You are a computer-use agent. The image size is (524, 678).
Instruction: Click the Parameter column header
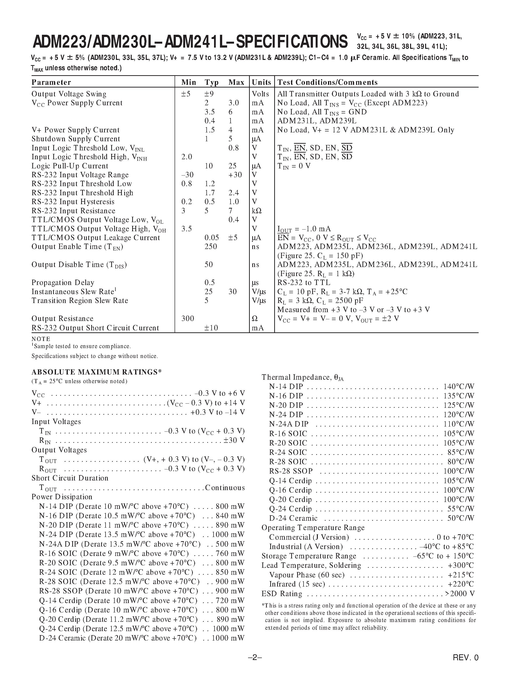pos(51,82)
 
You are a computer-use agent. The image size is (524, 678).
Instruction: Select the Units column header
pos(261,82)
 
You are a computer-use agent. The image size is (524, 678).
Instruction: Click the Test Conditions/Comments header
pos(327,82)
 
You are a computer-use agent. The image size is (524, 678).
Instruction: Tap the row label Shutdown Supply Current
pos(75,139)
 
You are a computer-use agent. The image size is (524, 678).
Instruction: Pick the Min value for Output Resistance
pos(187,319)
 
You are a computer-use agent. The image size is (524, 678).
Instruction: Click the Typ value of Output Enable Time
pos(211,247)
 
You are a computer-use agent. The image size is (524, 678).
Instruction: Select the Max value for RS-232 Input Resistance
pos(231,211)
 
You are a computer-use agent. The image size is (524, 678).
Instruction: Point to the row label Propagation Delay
pos(63,283)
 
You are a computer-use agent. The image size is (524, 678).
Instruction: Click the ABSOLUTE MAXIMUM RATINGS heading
pos(96,372)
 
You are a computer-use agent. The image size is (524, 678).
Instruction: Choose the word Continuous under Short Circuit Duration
pos(225,488)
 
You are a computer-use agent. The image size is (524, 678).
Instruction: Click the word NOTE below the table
pos(41,339)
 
